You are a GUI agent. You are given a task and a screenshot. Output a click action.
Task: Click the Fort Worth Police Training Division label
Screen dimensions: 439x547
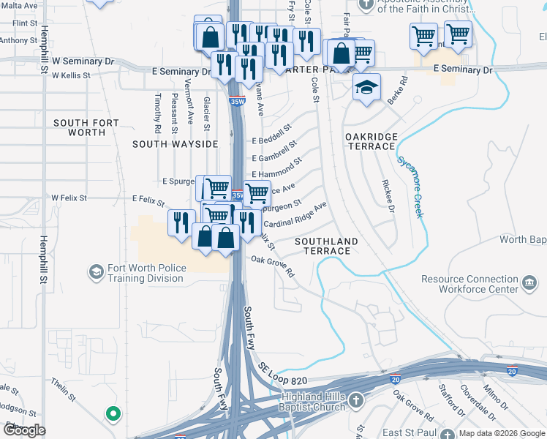[146, 273]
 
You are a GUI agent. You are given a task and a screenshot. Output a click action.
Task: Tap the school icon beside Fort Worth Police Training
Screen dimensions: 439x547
[96, 273]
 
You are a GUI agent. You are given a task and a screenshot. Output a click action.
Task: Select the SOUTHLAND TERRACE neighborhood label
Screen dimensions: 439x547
[326, 246]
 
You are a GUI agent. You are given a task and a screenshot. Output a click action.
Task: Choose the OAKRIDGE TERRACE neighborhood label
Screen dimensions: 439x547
[371, 141]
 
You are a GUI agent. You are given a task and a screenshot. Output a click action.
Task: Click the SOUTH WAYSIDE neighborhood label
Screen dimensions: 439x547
[176, 144]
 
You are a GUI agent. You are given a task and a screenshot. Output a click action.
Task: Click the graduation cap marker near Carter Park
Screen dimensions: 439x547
[366, 88]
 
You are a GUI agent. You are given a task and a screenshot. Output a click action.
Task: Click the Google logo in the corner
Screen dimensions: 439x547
[24, 429]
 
